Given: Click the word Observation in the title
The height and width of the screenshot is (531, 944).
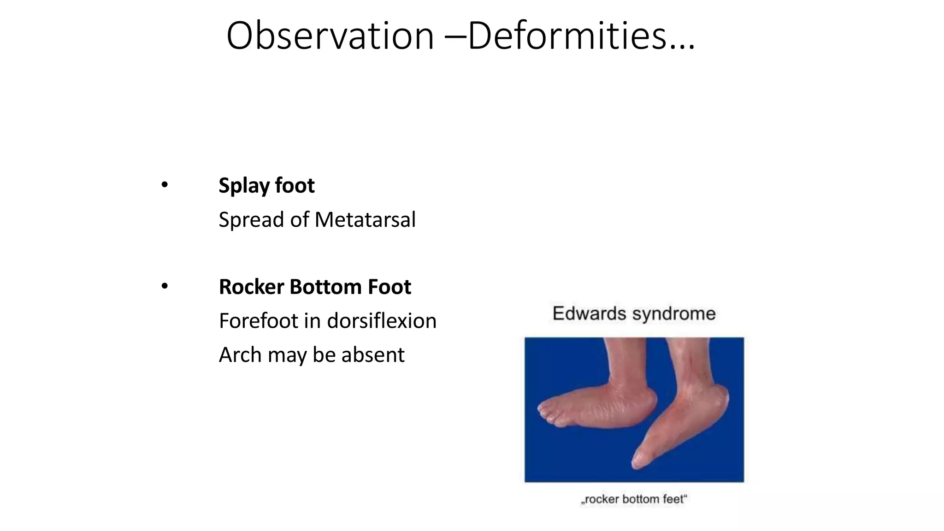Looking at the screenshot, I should pyautogui.click(x=330, y=36).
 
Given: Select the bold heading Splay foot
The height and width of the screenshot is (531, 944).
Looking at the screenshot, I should pyautogui.click(x=266, y=185).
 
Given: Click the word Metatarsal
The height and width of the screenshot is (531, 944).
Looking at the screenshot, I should pyautogui.click(x=365, y=219).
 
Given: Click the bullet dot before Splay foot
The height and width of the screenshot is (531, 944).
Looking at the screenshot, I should pyautogui.click(x=165, y=185).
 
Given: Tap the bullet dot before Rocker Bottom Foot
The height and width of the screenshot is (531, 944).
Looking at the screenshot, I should pyautogui.click(x=165, y=287).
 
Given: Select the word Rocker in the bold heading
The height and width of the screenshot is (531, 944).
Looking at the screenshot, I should pyautogui.click(x=251, y=287).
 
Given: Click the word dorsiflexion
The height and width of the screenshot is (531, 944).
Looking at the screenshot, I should pyautogui.click(x=382, y=321).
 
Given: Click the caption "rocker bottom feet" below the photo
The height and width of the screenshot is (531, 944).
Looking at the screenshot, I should pyautogui.click(x=634, y=499).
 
